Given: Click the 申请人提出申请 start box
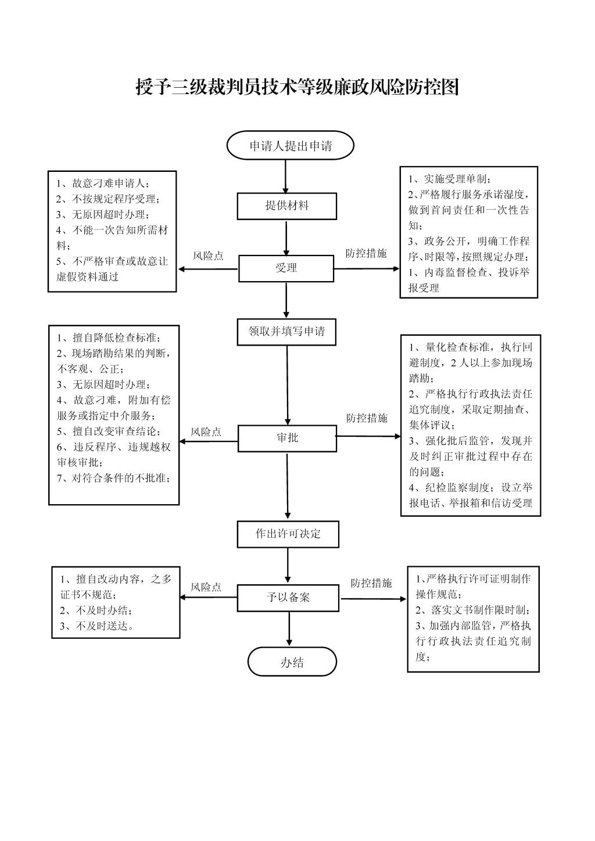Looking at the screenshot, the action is [290, 145].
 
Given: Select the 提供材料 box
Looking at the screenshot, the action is [286, 206].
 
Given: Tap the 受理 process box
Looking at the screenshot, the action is [286, 268].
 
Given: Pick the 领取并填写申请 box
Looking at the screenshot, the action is [286, 332].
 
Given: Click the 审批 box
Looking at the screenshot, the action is [287, 438].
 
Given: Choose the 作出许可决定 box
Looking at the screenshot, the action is [288, 534].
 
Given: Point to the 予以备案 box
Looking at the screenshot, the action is [288, 597].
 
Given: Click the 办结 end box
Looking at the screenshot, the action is [292, 662].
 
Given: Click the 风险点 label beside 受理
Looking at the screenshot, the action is [208, 256].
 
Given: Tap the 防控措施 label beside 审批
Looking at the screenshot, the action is [367, 418].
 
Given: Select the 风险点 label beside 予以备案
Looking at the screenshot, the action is [206, 587].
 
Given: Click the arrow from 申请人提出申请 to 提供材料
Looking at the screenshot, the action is [285, 177].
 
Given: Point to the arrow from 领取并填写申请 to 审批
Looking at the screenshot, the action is [288, 385].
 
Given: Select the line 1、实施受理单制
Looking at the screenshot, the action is [449, 179].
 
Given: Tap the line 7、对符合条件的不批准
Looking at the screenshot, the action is [113, 478].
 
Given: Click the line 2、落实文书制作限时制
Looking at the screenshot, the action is [473, 610].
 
